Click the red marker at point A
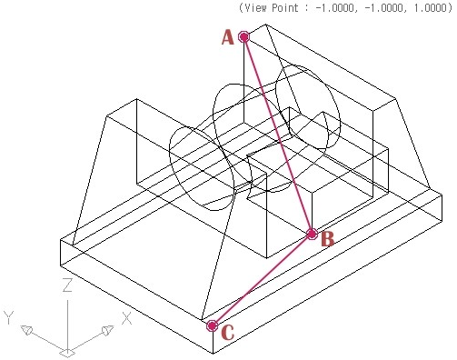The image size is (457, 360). (243, 36)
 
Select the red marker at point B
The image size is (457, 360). (312, 234)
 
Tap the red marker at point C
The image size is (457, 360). (213, 326)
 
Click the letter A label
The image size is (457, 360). (228, 38)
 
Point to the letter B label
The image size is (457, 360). (328, 239)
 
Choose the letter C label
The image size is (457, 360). (228, 333)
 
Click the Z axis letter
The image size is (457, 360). (67, 285)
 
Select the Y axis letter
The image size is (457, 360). (9, 317)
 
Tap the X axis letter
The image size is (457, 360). (126, 318)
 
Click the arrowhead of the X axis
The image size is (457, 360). (108, 330)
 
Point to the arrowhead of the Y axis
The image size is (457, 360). (26, 330)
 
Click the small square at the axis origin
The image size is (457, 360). (67, 353)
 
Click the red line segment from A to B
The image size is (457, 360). (278, 135)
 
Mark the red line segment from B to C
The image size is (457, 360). (262, 280)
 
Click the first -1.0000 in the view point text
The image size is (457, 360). (334, 7)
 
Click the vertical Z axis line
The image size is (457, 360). (67, 326)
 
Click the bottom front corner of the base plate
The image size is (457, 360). (213, 353)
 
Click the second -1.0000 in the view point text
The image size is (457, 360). (383, 7)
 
